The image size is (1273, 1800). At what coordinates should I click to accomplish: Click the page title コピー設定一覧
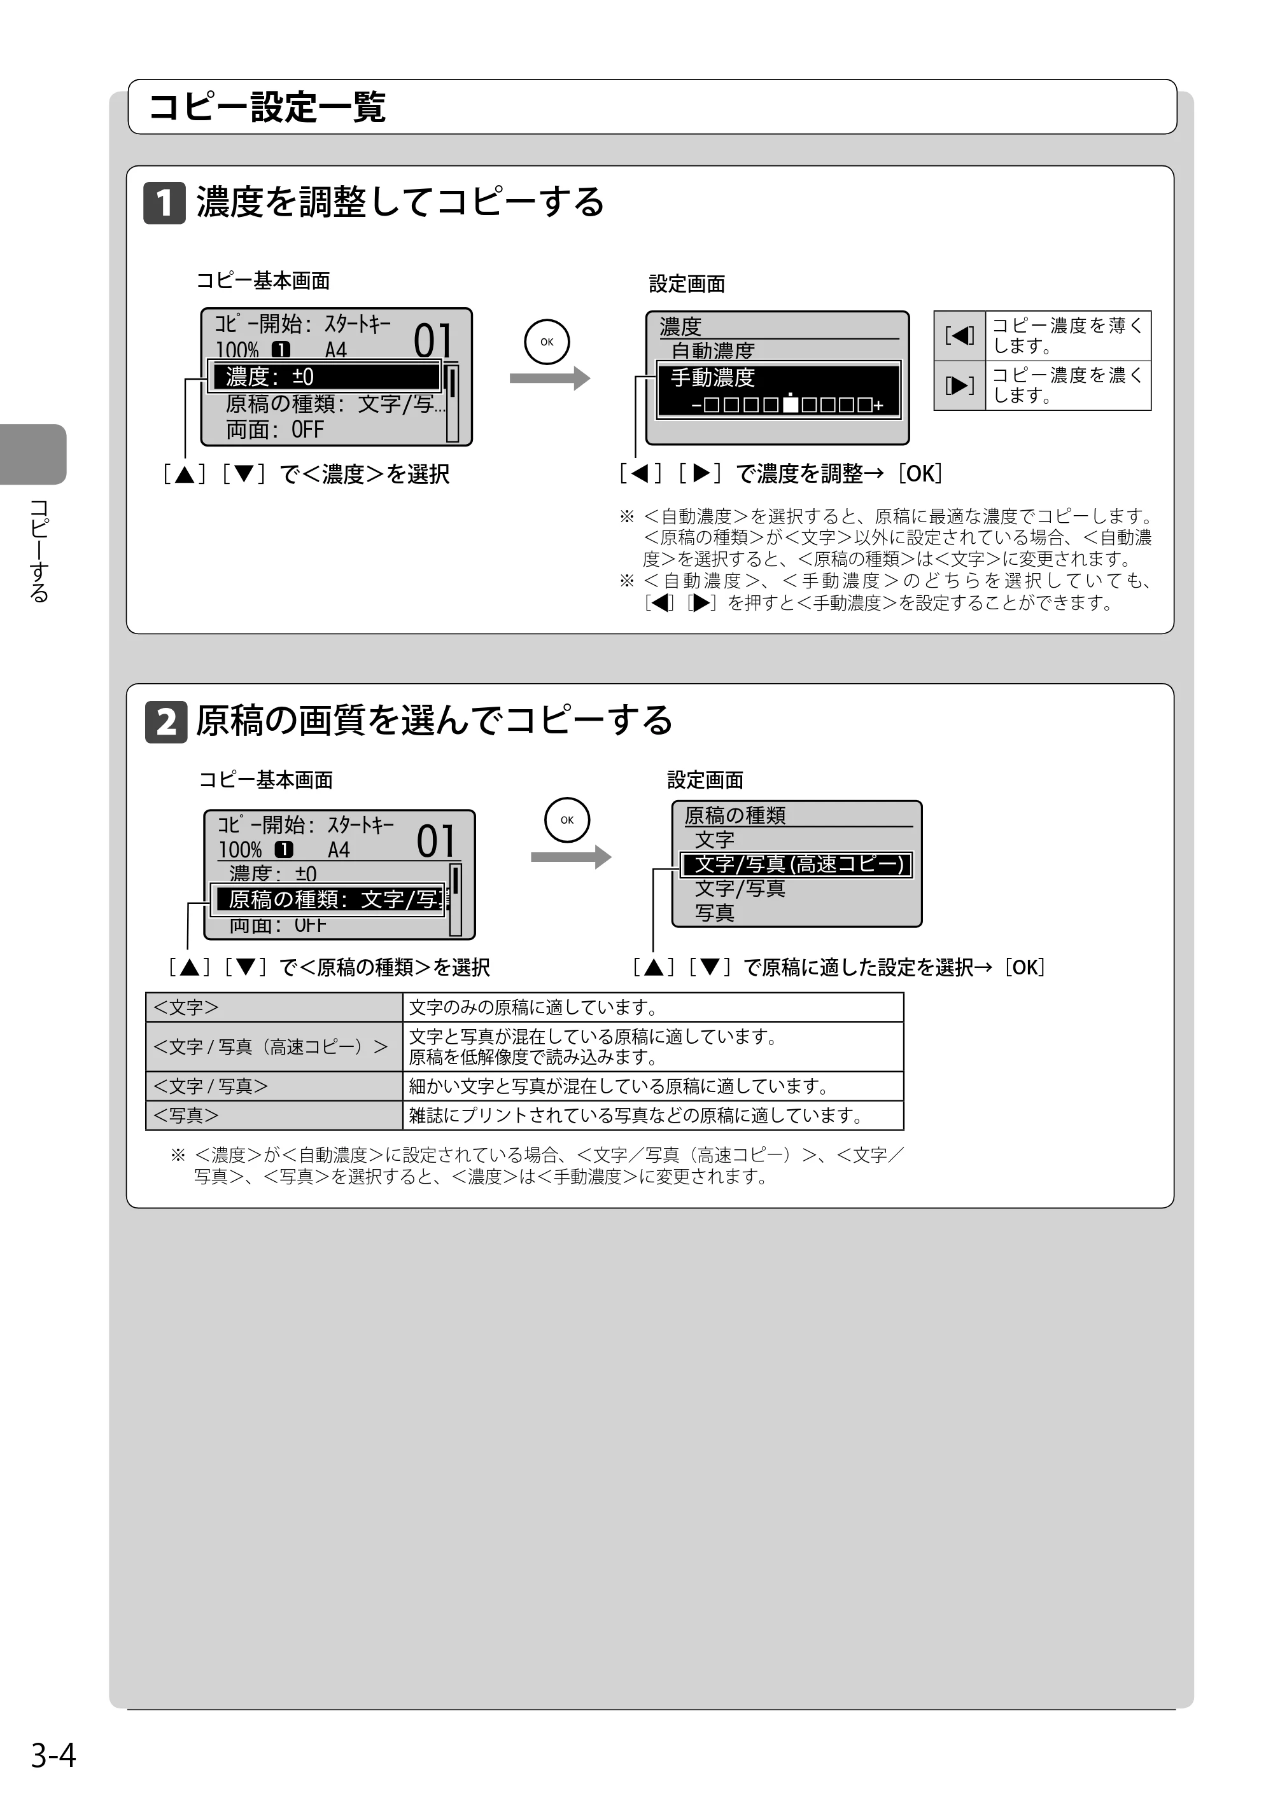pos(267,107)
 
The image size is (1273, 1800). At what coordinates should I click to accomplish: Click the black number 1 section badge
pos(164,203)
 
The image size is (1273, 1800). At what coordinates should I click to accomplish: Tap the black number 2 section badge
pos(166,721)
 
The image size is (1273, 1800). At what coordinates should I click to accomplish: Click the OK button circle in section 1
pos(547,342)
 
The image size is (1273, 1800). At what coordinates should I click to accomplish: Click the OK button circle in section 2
pos(567,820)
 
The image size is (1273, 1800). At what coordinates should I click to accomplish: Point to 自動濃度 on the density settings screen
pos(712,350)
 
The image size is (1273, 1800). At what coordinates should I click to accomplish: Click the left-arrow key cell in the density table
pos(959,336)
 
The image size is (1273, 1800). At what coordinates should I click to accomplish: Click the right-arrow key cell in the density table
pos(959,385)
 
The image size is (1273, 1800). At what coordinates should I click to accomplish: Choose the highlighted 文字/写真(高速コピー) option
pos(797,864)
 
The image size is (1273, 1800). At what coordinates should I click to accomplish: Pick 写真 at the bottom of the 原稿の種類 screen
pos(715,913)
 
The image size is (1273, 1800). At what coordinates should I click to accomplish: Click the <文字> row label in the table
pos(274,1007)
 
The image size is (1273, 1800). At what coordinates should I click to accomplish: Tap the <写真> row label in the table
pos(274,1115)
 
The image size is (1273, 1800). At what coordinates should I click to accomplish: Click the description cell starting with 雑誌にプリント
pos(653,1115)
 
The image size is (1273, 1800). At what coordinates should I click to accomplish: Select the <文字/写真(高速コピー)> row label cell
pos(274,1046)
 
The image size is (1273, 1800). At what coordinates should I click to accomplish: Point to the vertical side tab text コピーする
pos(39,550)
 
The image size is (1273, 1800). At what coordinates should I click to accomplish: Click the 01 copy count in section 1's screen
pos(433,341)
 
